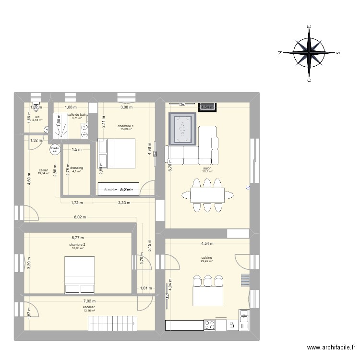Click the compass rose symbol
(310, 52)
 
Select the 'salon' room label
(207, 168)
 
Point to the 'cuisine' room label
(207, 258)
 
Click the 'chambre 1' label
(126, 126)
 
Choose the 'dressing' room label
(77, 168)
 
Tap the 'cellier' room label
(44, 170)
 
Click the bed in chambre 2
(80, 274)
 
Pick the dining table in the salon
(207, 195)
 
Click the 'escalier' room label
(89, 307)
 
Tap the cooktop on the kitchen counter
(210, 325)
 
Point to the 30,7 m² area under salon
(207, 172)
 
